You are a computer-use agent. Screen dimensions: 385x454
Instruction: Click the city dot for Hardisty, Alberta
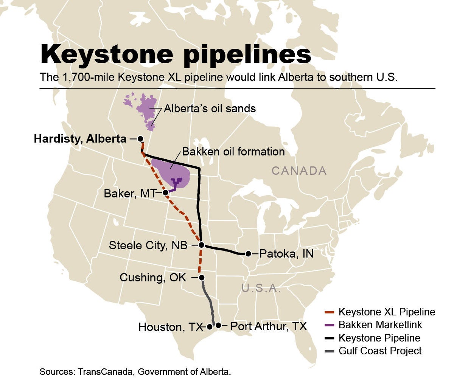(140, 139)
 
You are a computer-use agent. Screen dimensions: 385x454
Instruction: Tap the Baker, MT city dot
(165, 192)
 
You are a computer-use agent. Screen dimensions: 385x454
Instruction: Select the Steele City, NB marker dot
(202, 245)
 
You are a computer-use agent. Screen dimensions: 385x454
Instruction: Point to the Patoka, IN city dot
(249, 254)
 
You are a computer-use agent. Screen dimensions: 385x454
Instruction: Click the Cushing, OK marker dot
(202, 278)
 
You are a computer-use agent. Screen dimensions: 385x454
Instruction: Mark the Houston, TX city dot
(210, 326)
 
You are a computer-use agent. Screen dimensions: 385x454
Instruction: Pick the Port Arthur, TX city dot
(218, 325)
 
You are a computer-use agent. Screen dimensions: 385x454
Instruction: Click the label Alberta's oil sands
(210, 109)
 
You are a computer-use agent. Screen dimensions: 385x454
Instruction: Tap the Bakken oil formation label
(233, 152)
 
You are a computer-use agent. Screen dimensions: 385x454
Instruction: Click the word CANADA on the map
(299, 171)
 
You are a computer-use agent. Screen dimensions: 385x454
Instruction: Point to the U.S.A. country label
(261, 289)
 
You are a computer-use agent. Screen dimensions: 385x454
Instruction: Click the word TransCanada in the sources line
(106, 372)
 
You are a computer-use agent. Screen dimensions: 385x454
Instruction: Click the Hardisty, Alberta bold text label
(80, 139)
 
